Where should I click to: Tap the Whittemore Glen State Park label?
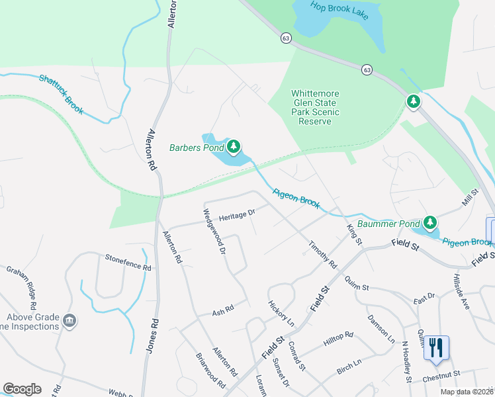(x=315, y=108)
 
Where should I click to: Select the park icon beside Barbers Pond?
(x=233, y=147)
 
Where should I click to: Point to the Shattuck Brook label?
(x=61, y=94)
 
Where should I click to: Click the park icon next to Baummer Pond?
(x=431, y=223)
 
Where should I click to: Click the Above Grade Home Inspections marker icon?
(x=69, y=322)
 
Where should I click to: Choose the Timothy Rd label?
(x=322, y=255)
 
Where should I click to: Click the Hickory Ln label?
(x=281, y=313)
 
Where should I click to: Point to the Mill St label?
(x=470, y=196)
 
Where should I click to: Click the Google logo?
(x=22, y=389)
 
